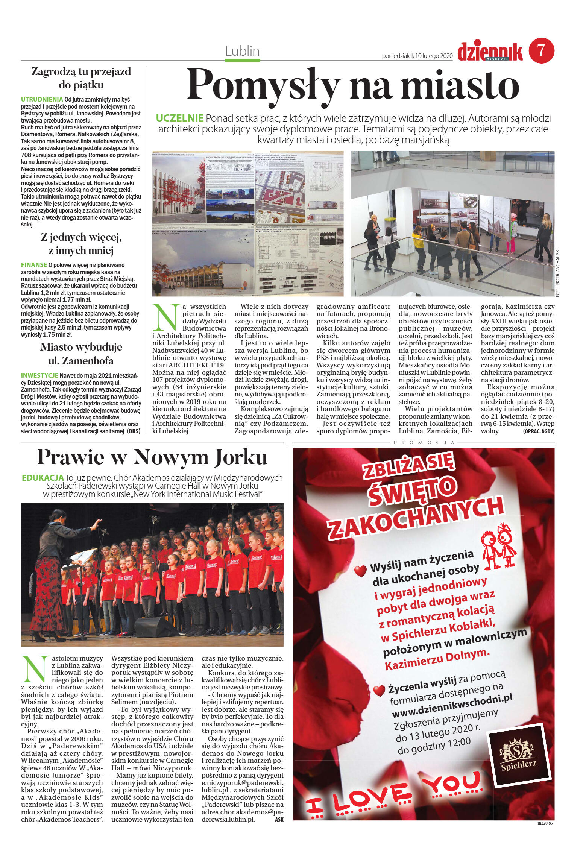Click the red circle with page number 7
pyautogui.click(x=541, y=51)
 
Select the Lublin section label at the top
pyautogui.click(x=242, y=51)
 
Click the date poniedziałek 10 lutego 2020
pyautogui.click(x=417, y=56)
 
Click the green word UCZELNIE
pyautogui.click(x=179, y=118)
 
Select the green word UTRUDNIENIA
pyautogui.click(x=42, y=100)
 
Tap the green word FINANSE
pyautogui.click(x=34, y=264)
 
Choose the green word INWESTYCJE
pyautogui.click(x=39, y=375)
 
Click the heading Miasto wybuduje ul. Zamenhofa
pyautogui.click(x=81, y=354)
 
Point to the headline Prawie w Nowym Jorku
pyautogui.click(x=152, y=457)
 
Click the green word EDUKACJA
pyautogui.click(x=43, y=478)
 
